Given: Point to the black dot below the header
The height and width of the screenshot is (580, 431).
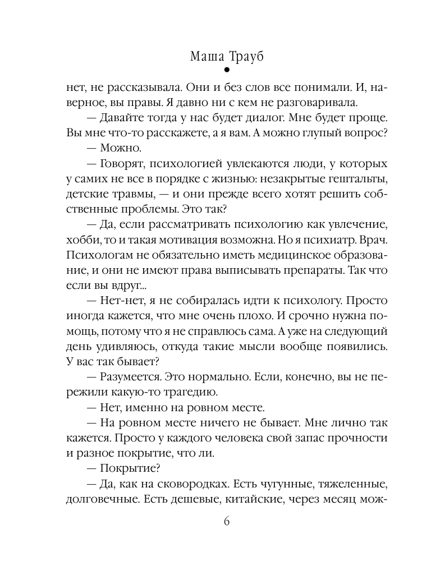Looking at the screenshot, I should pyautogui.click(x=226, y=71).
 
